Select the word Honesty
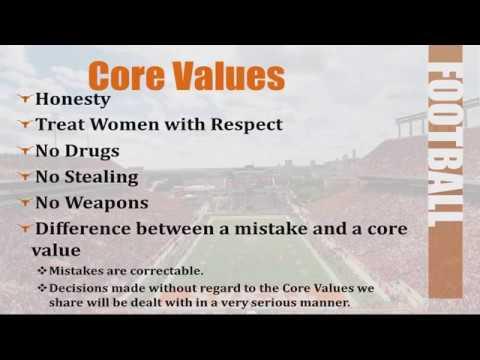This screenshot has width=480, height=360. [x=72, y=100]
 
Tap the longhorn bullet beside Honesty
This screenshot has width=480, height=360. [x=24, y=99]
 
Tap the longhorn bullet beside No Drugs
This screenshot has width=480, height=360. [x=24, y=151]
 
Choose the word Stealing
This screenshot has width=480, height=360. [x=113, y=178]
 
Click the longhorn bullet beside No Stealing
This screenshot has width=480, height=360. [x=24, y=177]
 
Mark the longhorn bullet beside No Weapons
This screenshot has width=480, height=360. [x=24, y=202]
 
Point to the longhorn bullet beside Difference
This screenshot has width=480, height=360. [x=24, y=229]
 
